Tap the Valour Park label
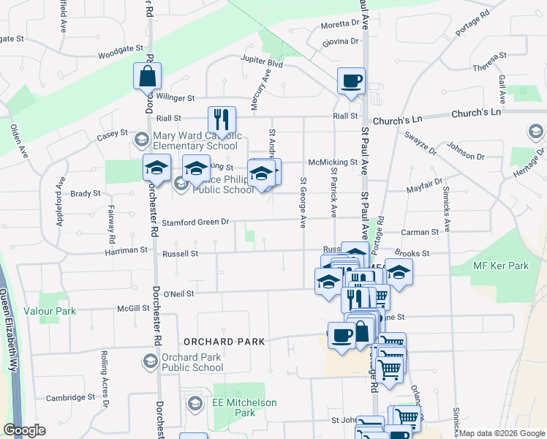click(50, 312)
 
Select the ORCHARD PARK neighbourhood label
click(224, 342)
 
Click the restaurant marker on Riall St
click(222, 119)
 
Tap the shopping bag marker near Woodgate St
click(147, 75)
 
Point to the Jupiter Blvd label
click(264, 64)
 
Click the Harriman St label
click(124, 250)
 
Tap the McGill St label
click(134, 309)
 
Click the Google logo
click(25, 430)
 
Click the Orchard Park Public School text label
click(192, 362)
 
